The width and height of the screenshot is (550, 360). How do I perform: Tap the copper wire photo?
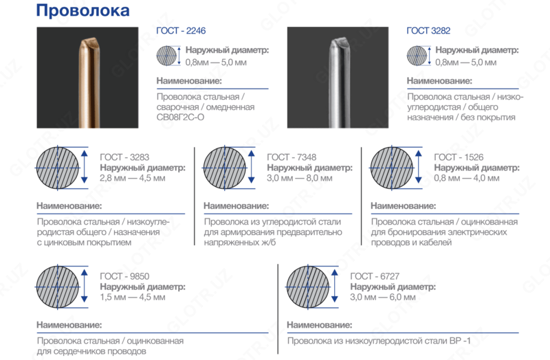pyautogui.click(x=93, y=77)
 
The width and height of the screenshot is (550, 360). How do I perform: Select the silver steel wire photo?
pyautogui.click(x=342, y=77)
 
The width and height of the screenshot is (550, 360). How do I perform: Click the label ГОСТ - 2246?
pyautogui.click(x=181, y=32)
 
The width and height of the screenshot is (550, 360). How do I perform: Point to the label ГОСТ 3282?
pyautogui.click(x=428, y=32)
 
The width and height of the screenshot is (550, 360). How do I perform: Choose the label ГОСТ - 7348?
pyautogui.click(x=292, y=157)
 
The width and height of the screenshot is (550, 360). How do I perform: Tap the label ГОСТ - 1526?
pyautogui.click(x=459, y=157)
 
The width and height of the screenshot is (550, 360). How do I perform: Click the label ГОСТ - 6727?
pyautogui.click(x=375, y=276)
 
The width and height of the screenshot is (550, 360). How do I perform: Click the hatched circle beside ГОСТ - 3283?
pyautogui.click(x=58, y=167)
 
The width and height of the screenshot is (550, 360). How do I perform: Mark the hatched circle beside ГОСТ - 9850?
pyautogui.click(x=58, y=286)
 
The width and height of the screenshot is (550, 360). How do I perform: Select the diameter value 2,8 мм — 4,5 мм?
pyautogui.click(x=133, y=178)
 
